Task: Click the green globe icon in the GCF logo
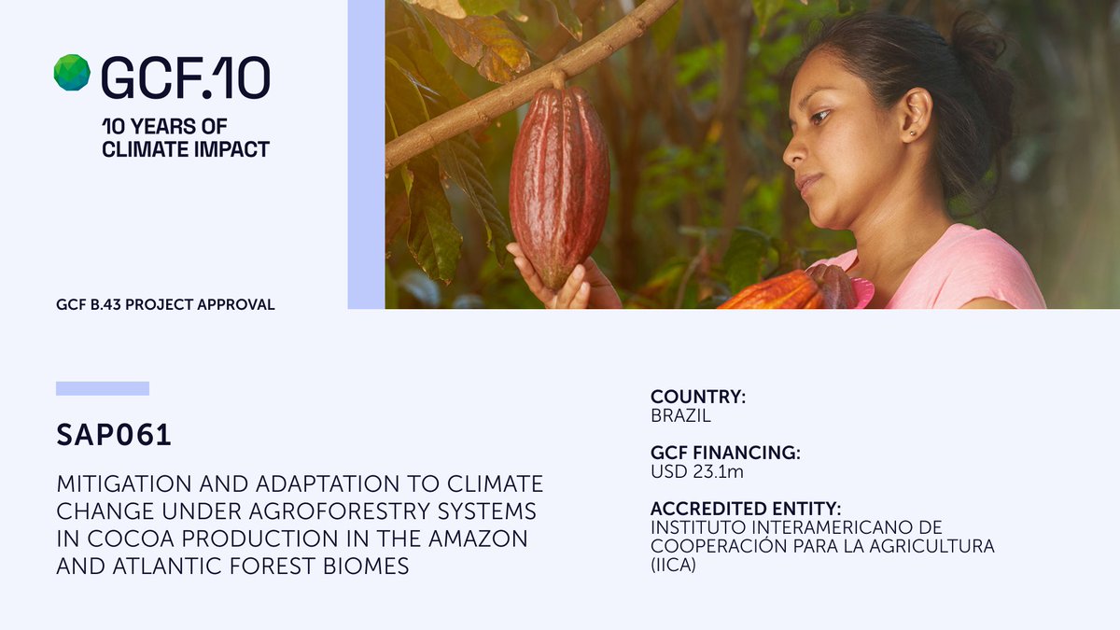coord(72,73)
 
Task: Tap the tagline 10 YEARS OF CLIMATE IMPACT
coord(185,137)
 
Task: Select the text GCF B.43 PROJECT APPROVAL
coord(165,305)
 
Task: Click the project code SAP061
coord(114,436)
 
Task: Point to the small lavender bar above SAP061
coord(103,388)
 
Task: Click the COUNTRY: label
coord(698,397)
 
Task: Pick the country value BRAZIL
coord(680,415)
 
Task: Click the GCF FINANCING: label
coord(725,454)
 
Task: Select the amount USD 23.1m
coord(697,472)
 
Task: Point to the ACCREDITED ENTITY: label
coord(746,510)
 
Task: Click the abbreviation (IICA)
coord(673,565)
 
